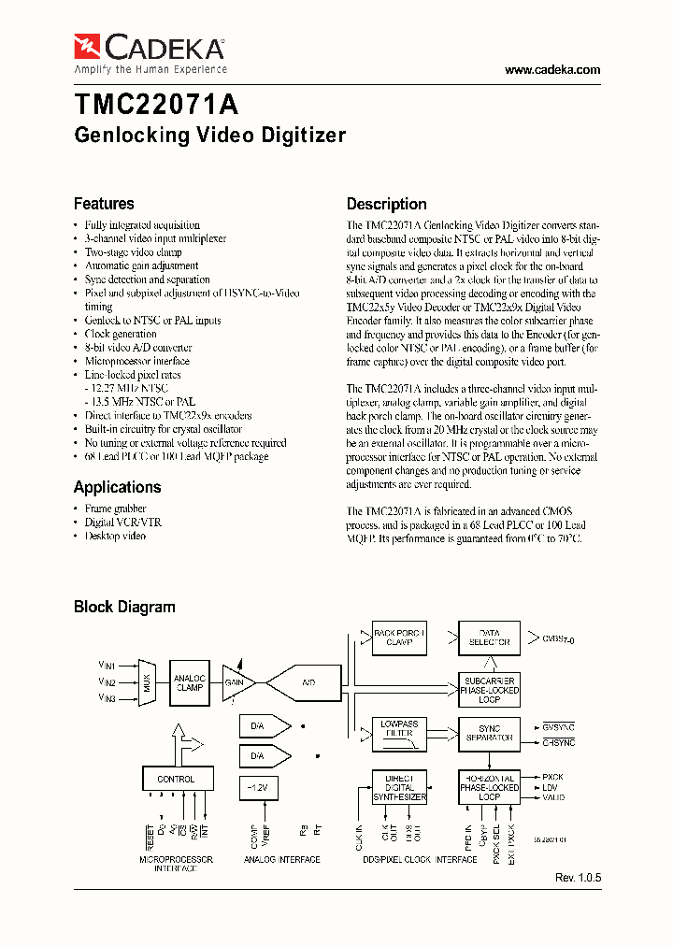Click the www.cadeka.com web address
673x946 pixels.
551,70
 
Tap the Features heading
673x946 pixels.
104,204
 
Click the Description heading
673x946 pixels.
386,204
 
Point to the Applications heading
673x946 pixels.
117,487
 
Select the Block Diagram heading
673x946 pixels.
124,607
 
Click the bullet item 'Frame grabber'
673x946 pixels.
115,509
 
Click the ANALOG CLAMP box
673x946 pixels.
190,682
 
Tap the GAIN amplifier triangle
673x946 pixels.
237,682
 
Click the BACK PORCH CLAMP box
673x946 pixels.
398,638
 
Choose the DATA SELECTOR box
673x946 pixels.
489,638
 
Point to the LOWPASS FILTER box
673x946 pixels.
398,728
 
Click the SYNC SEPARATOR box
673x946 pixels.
489,733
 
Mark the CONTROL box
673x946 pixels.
176,778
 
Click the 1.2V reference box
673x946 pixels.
258,788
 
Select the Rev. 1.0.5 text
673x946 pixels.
579,879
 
